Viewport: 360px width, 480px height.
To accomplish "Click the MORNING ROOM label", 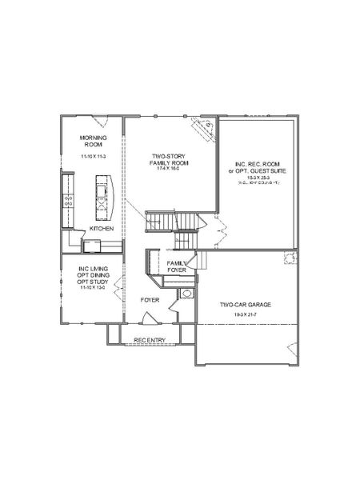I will point(94,141).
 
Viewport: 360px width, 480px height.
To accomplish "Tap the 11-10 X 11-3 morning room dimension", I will point(94,157).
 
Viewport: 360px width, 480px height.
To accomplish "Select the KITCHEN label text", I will point(101,229).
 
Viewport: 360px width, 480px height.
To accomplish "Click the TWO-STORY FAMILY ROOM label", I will point(169,159).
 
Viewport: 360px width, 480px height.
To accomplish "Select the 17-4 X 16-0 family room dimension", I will point(169,170).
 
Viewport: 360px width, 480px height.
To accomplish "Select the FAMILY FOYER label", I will point(177,266).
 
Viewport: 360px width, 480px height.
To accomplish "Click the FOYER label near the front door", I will point(150,300).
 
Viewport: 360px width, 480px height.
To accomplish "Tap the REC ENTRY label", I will point(150,341).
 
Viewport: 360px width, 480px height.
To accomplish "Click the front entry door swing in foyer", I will point(149,318).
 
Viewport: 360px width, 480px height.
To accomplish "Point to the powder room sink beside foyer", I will point(186,294).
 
